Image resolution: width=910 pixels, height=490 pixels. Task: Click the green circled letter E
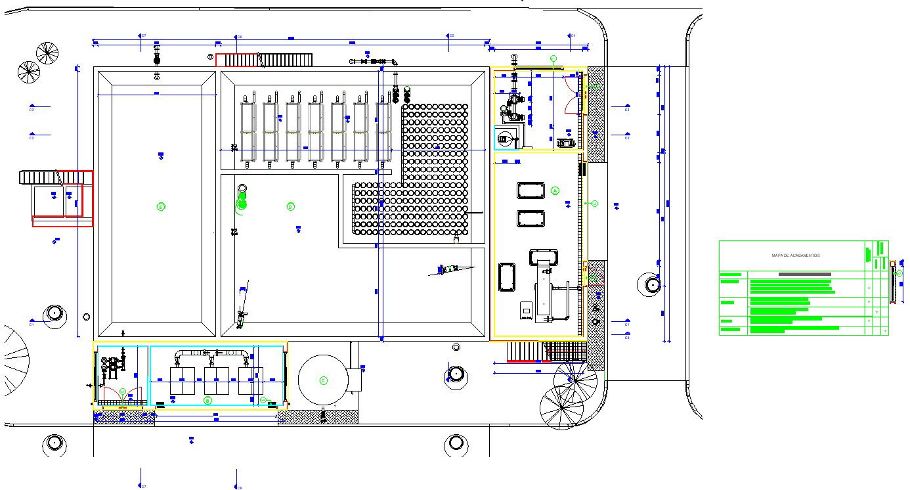pyautogui.click(x=161, y=207)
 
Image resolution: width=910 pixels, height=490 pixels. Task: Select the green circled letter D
pyautogui.click(x=290, y=207)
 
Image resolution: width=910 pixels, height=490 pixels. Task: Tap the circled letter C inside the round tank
pyautogui.click(x=323, y=380)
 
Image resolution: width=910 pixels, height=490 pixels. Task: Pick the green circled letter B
pyautogui.click(x=207, y=400)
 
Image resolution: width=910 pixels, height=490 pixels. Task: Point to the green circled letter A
pyautogui.click(x=555, y=190)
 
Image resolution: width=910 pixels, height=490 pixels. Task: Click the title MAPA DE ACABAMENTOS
pyautogui.click(x=795, y=256)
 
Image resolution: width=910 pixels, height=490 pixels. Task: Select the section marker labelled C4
pyautogui.click(x=572, y=35)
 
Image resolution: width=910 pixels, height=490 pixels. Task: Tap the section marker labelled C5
pyautogui.click(x=450, y=35)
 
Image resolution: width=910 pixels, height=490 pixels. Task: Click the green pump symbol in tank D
pyautogui.click(x=240, y=204)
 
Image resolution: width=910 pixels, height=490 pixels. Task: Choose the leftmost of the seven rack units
pyautogui.click(x=248, y=131)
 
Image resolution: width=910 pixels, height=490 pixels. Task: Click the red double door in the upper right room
pyautogui.click(x=571, y=95)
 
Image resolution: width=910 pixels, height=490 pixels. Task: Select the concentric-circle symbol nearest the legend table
pyautogui.click(x=652, y=284)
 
